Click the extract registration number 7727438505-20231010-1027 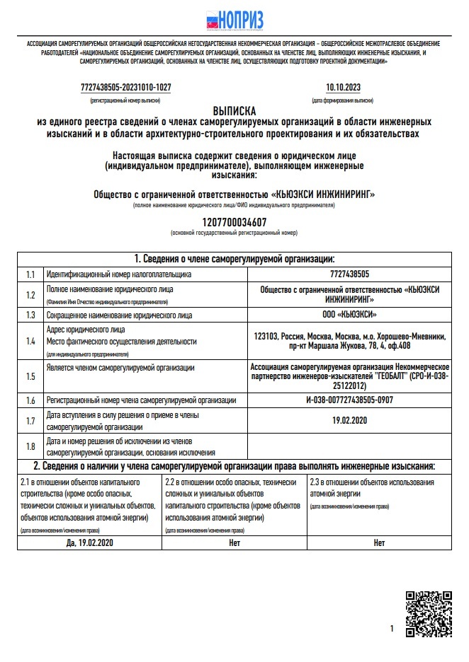pyautogui.click(x=125, y=88)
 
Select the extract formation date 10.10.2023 pyautogui.click(x=343, y=88)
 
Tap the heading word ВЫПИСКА pyautogui.click(x=234, y=112)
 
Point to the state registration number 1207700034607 pyautogui.click(x=233, y=221)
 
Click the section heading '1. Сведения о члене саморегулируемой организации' pyautogui.click(x=234, y=258)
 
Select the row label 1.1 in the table pyautogui.click(x=30, y=274)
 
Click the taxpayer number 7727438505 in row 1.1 pyautogui.click(x=349, y=274)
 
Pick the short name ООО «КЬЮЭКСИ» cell pyautogui.click(x=349, y=315)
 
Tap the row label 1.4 pyautogui.click(x=30, y=341)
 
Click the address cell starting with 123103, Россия pyautogui.click(x=349, y=341)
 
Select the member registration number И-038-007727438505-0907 pyautogui.click(x=349, y=400)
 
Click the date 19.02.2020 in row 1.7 pyautogui.click(x=349, y=421)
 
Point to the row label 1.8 pyautogui.click(x=30, y=446)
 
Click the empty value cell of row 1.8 pyautogui.click(x=349, y=446)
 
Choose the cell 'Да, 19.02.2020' pyautogui.click(x=89, y=543)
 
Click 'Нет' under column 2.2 pyautogui.click(x=234, y=543)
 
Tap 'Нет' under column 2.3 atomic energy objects pyautogui.click(x=379, y=543)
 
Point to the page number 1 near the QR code pyautogui.click(x=392, y=628)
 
